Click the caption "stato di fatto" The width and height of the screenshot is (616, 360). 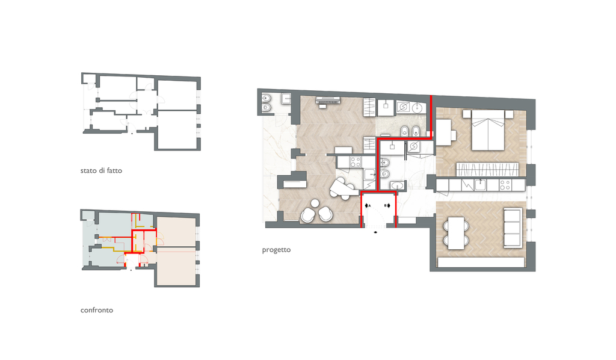point(101,170)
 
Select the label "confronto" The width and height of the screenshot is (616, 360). point(97,310)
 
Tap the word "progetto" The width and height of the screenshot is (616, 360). point(276,250)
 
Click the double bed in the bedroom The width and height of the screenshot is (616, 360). point(487,130)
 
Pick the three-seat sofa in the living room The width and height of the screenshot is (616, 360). point(513,228)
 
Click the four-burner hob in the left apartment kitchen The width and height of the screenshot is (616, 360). point(356,161)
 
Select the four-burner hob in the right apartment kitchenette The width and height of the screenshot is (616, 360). point(505,185)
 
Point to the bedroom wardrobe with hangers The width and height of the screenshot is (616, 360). point(487,169)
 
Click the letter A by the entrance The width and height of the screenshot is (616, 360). point(369,205)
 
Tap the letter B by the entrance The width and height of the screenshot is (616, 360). point(385,205)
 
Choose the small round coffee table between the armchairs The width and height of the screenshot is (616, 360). point(315,203)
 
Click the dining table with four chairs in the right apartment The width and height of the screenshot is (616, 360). point(456,232)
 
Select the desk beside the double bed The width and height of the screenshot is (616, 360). point(444,132)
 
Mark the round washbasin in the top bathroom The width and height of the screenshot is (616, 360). point(417,107)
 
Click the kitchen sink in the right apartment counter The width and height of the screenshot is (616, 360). point(481,185)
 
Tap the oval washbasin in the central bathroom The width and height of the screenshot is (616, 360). point(397,185)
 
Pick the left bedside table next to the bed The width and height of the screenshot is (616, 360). point(467,114)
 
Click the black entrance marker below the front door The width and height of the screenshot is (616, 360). point(376,232)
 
